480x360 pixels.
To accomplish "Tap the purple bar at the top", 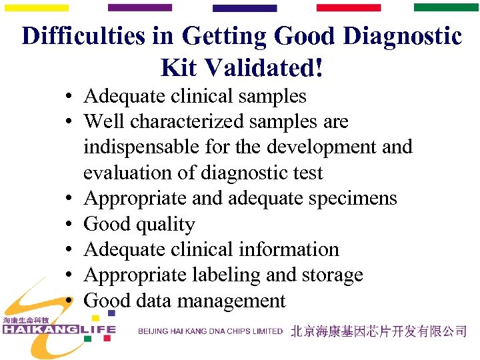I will click(139, 7).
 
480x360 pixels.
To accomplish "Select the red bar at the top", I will click(348, 7).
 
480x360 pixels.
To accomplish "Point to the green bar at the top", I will click(446, 7).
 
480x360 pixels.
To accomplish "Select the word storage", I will click(332, 275).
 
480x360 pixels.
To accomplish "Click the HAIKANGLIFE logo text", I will click(59, 329).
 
